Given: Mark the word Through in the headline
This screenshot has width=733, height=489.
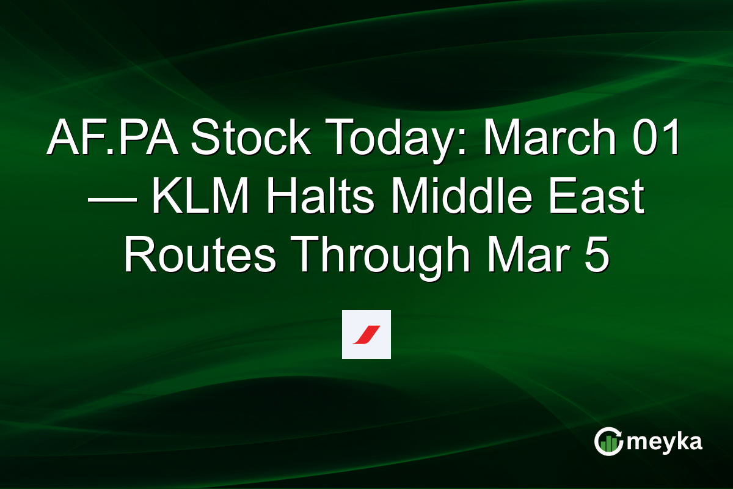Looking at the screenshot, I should click(x=378, y=257).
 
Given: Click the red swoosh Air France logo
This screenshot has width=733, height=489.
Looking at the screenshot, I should click(x=366, y=334).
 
